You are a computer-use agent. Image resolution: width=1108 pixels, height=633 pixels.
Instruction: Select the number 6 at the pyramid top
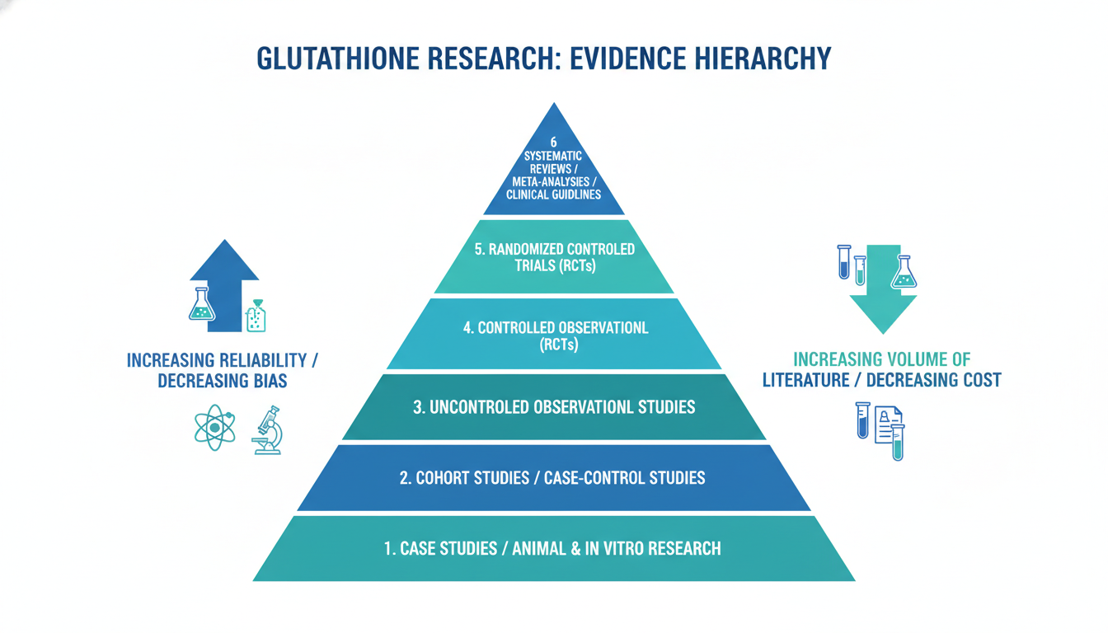(x=553, y=142)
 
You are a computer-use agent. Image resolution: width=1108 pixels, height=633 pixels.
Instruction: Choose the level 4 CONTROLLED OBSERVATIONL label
(x=556, y=328)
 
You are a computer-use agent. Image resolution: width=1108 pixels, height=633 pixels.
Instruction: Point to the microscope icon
(x=268, y=430)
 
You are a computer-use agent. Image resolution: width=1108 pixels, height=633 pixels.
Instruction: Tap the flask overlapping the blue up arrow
(x=202, y=304)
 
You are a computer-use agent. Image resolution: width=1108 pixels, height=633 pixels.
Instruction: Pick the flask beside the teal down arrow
(x=904, y=271)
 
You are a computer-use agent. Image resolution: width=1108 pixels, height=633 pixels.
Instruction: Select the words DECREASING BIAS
(x=223, y=382)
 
